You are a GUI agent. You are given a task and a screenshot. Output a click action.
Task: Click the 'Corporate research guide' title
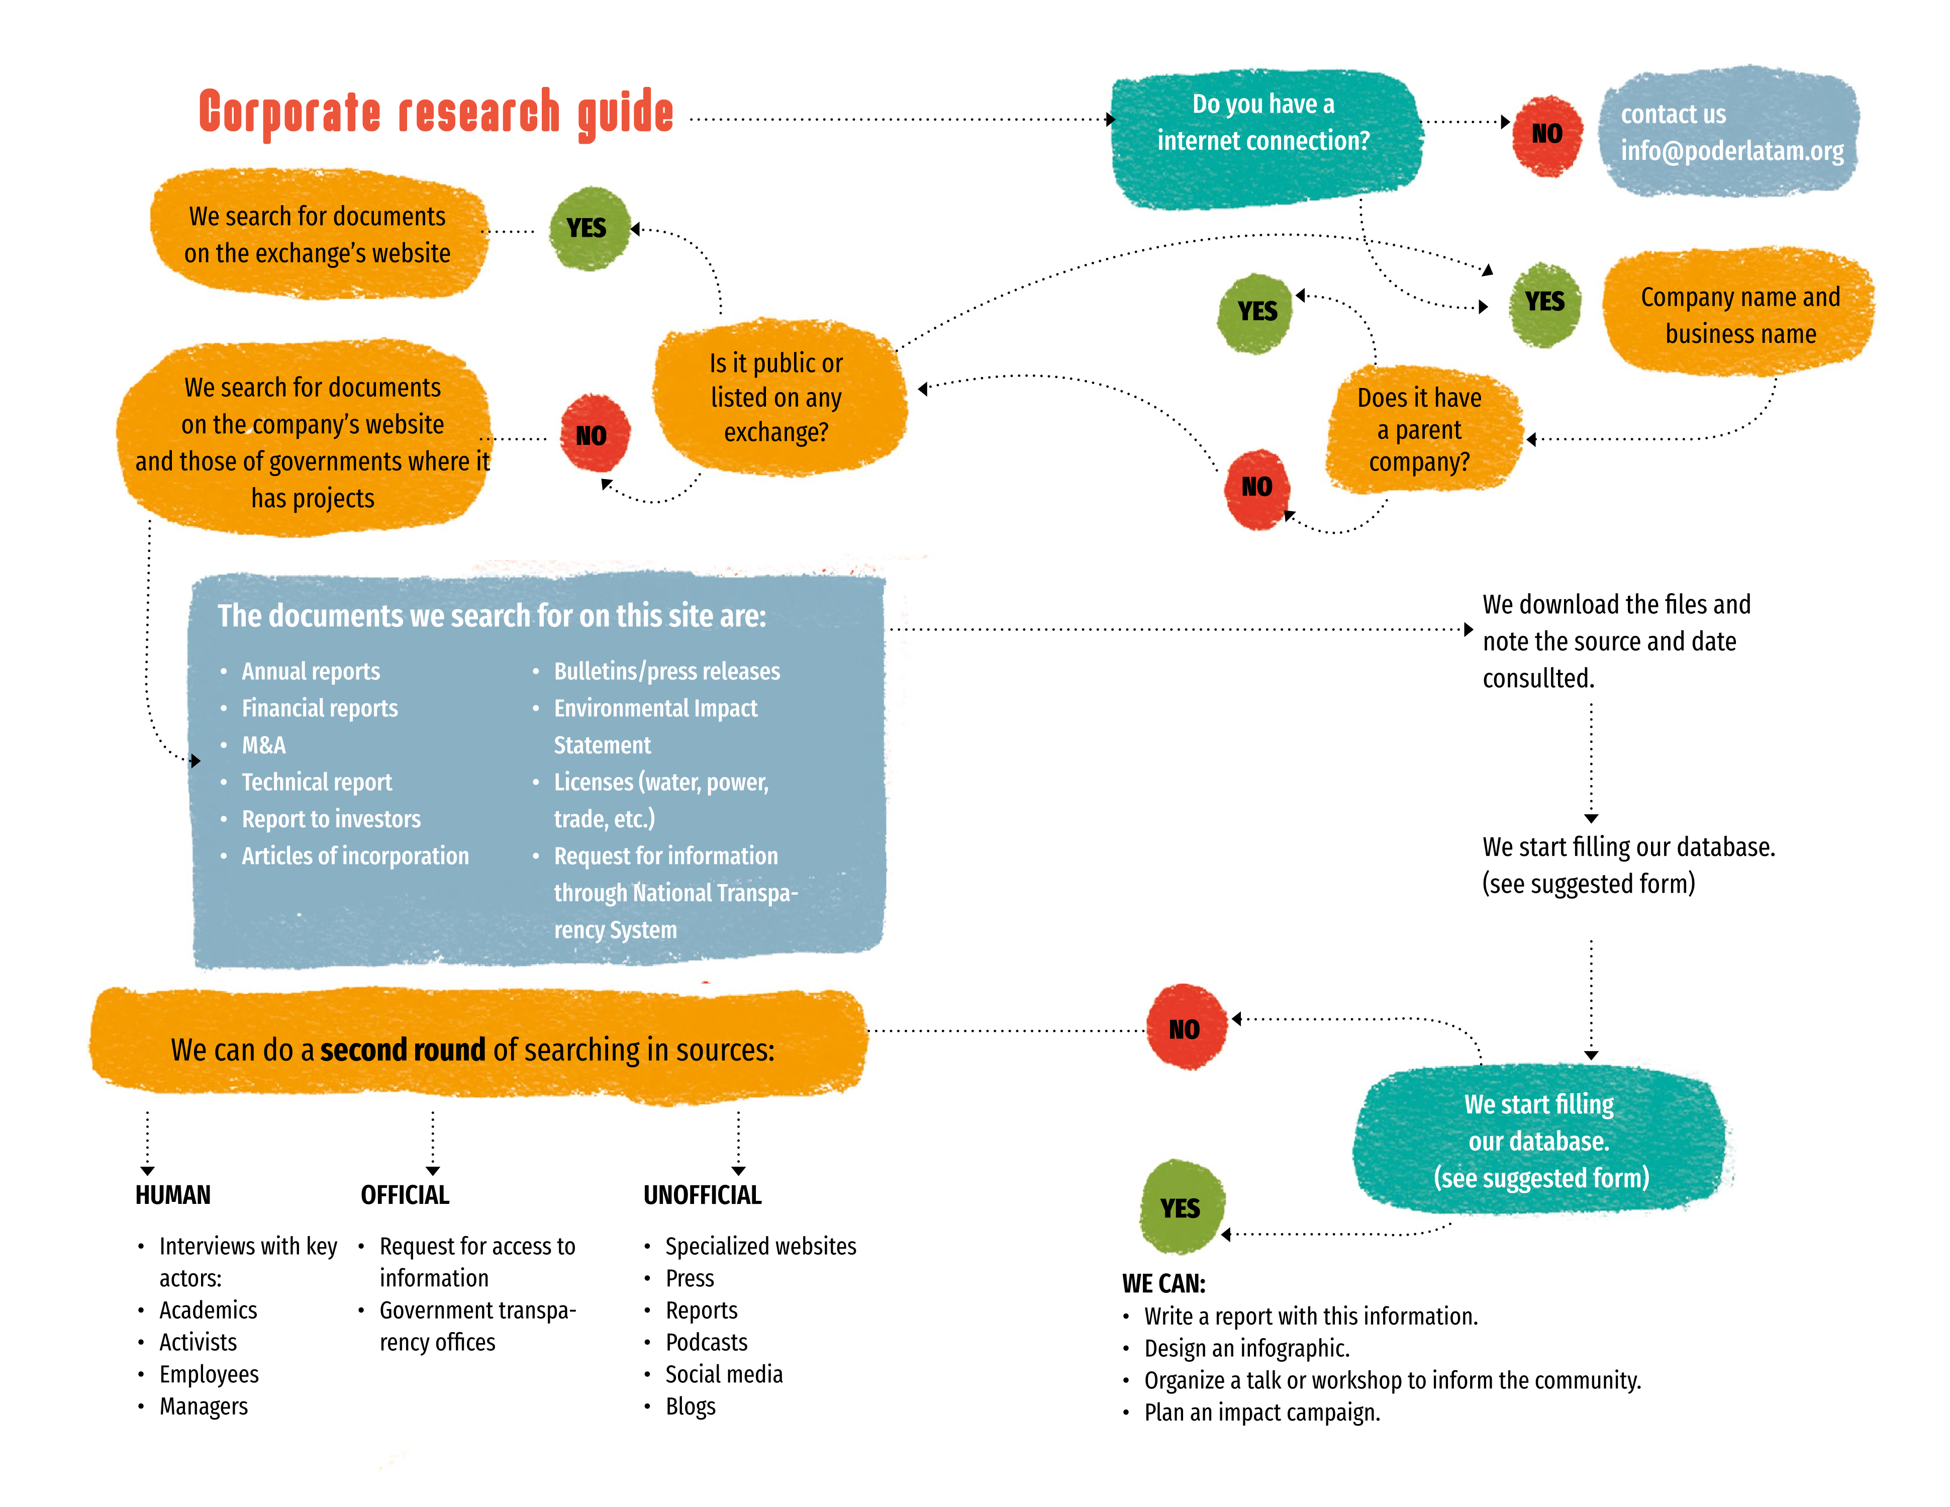(436, 114)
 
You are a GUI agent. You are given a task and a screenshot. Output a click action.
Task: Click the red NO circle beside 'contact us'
(1546, 134)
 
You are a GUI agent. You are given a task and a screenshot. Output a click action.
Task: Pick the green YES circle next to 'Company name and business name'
(1544, 302)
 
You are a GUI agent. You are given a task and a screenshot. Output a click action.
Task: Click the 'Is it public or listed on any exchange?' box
(776, 397)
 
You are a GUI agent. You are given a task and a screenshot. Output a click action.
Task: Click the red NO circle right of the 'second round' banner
(1185, 1029)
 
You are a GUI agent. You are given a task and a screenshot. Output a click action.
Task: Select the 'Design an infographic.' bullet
(1246, 1349)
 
